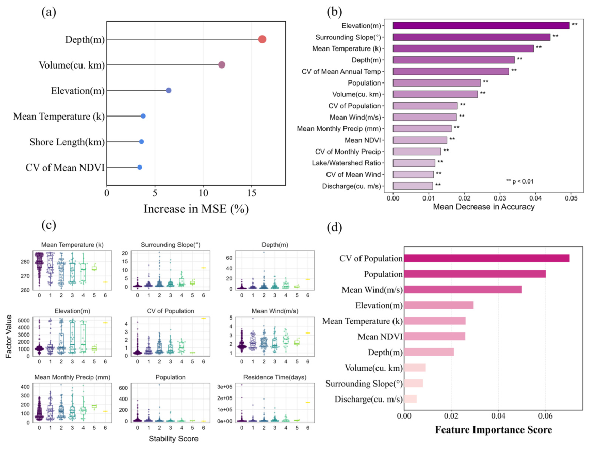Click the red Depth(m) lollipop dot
[x=262, y=39]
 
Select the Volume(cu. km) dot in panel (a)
[x=222, y=64]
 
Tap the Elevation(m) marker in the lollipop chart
[x=169, y=91]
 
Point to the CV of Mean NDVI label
[x=65, y=168]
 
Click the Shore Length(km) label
[x=67, y=142]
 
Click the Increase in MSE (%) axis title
[x=196, y=209]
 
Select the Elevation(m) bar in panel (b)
[x=481, y=26]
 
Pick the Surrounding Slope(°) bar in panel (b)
[x=471, y=37]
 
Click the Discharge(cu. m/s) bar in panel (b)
[x=413, y=186]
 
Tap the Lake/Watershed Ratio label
[x=347, y=163]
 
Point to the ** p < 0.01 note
[x=520, y=181]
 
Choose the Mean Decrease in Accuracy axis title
[x=484, y=207]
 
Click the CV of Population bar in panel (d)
[x=487, y=258]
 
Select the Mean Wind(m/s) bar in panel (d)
[x=463, y=289]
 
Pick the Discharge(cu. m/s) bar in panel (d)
[x=410, y=398]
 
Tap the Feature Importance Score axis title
[x=494, y=430]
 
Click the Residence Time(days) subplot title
[x=275, y=377]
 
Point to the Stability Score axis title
[x=173, y=439]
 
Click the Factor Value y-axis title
[x=9, y=337]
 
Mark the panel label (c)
[x=49, y=225]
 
